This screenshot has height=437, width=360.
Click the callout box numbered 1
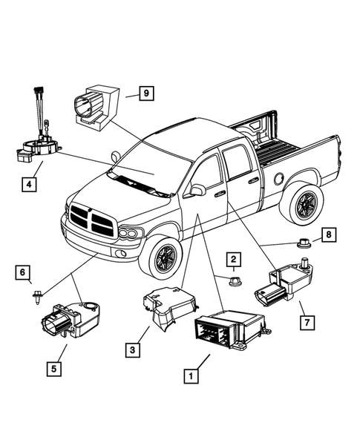pyautogui.click(x=191, y=375)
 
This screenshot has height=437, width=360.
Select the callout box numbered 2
pyautogui.click(x=234, y=259)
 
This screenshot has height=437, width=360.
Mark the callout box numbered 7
pyautogui.click(x=303, y=322)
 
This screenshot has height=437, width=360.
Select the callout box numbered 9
pyautogui.click(x=147, y=93)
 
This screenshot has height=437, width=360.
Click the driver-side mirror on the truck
pyautogui.click(x=197, y=190)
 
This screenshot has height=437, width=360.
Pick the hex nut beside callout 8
pyautogui.click(x=303, y=241)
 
